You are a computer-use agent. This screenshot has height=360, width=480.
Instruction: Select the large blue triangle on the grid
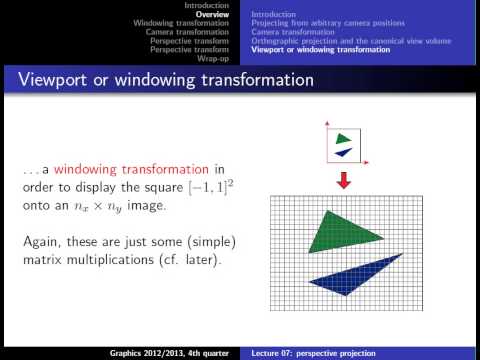pyautogui.click(x=362, y=282)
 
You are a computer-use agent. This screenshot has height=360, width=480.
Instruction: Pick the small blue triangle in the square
pyautogui.click(x=345, y=152)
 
